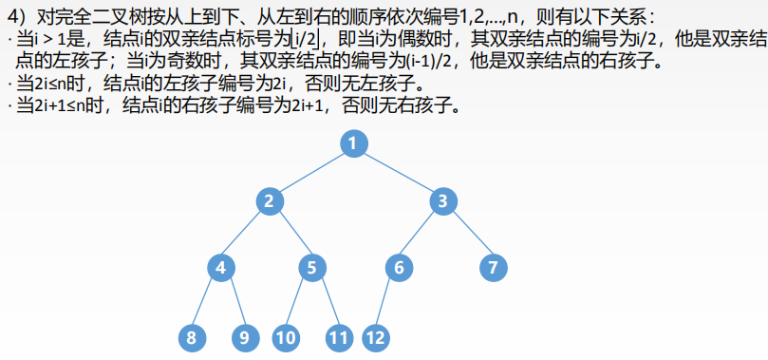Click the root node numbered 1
tap(352, 144)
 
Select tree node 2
tap(271, 201)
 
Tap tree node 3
tap(443, 201)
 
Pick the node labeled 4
tap(220, 268)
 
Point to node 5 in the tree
tap(311, 268)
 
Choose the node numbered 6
tap(400, 268)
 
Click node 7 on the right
tap(492, 268)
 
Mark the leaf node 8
tap(192, 336)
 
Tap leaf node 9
tap(246, 336)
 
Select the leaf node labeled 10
tap(286, 336)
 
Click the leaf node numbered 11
tap(339, 336)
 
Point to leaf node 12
tap(377, 336)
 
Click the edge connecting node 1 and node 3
tap(398, 173)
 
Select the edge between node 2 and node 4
tap(245, 235)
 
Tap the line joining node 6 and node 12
tap(388, 302)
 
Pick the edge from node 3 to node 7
tap(467, 235)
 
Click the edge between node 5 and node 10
tap(299, 302)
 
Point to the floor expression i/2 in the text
tap(307, 39)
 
